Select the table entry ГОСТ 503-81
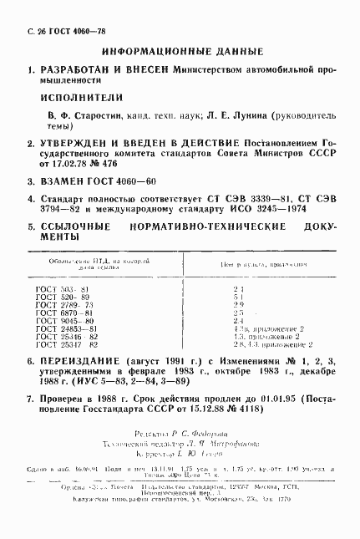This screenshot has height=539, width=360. (x=57, y=288)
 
